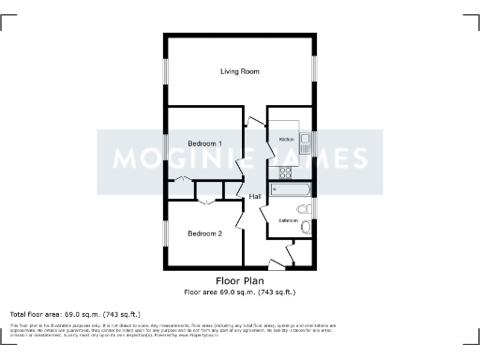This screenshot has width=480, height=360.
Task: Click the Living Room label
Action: (x=239, y=71)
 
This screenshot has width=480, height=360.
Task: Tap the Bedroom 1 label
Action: (x=204, y=143)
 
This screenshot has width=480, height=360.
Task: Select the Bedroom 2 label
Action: (x=204, y=233)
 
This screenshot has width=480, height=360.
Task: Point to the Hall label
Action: (x=255, y=196)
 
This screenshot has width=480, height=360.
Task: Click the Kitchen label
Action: (x=287, y=140)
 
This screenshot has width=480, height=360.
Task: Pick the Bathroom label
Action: (x=288, y=221)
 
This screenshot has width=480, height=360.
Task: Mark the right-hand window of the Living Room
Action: (x=314, y=71)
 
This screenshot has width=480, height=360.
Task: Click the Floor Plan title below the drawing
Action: (x=239, y=280)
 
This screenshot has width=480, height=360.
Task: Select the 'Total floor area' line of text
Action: (x=75, y=313)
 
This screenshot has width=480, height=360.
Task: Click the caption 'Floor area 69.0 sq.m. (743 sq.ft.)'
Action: (x=239, y=292)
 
